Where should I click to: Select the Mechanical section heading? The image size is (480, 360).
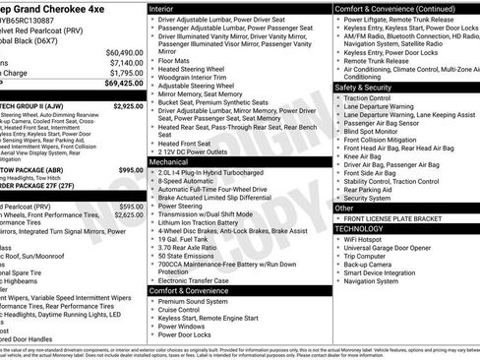169,160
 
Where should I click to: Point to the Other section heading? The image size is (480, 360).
344,209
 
